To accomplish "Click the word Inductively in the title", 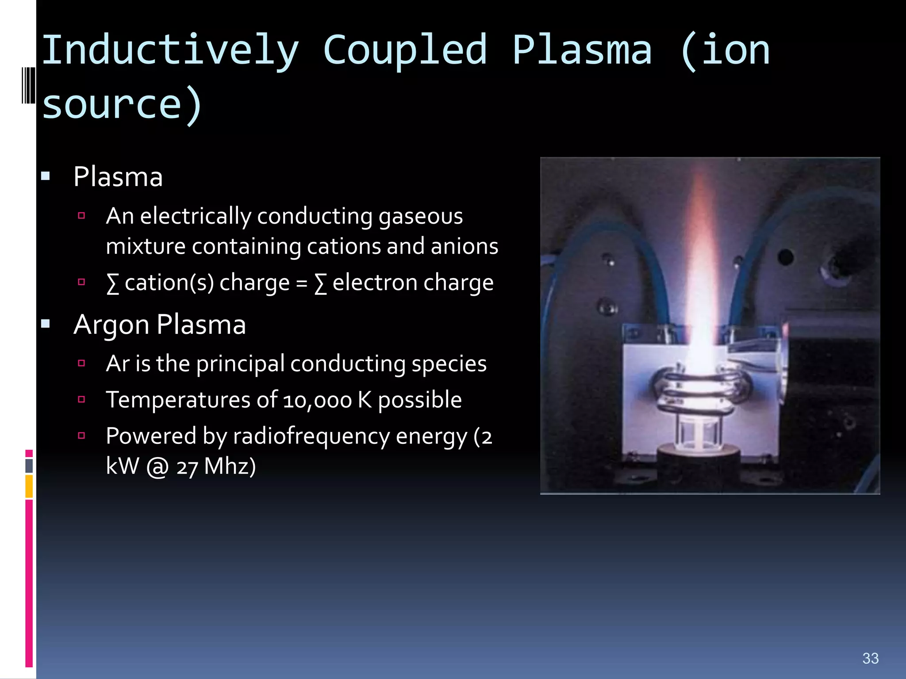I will [170, 51].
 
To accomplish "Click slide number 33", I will [870, 658].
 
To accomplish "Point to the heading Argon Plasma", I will [159, 324].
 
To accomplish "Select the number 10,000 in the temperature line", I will [317, 401].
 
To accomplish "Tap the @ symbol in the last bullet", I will [157, 467].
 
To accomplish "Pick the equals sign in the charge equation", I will [302, 283].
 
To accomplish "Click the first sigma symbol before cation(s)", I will [113, 283].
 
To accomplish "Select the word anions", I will [465, 246].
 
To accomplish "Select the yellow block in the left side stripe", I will [29, 486].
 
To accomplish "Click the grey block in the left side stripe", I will [29, 466].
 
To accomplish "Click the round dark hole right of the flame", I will [785, 257].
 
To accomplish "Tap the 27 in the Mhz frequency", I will [187, 468].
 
